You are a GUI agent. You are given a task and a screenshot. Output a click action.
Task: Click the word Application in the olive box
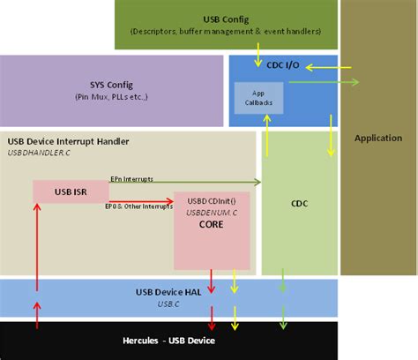pos(377,138)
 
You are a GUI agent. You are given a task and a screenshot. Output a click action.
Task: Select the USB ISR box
pos(71,191)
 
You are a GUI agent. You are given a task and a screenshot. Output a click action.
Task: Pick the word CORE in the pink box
pos(210,225)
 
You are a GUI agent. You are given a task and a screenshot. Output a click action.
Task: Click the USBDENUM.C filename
pos(210,212)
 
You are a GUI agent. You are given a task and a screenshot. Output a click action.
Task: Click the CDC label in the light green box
pos(300,202)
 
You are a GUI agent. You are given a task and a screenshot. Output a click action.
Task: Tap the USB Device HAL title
pos(169,292)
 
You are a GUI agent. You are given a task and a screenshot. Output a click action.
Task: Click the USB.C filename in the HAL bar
pos(169,304)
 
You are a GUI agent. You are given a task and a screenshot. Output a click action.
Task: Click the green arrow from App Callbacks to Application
pos(322,83)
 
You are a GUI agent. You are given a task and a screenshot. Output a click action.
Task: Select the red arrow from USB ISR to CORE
pos(141,200)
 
